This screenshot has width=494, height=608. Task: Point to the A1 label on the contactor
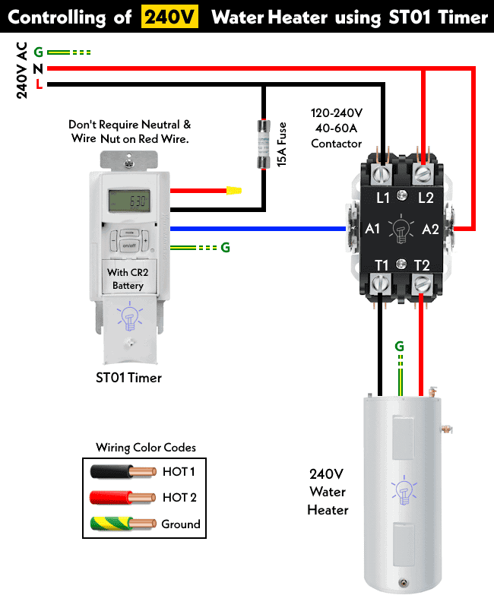tap(372, 229)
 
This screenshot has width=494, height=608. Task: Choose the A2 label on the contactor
tap(430, 229)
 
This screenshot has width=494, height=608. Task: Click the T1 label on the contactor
tap(382, 264)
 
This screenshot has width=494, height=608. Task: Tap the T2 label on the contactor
tap(423, 264)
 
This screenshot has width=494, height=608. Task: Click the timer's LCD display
tap(128, 202)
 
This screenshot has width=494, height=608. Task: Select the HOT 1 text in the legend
tap(179, 472)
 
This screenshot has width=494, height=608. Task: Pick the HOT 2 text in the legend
tap(179, 498)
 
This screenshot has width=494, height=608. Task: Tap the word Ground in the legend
tap(181, 524)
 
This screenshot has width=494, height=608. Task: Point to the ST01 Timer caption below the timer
tap(128, 377)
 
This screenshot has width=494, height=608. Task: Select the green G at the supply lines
tap(38, 52)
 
